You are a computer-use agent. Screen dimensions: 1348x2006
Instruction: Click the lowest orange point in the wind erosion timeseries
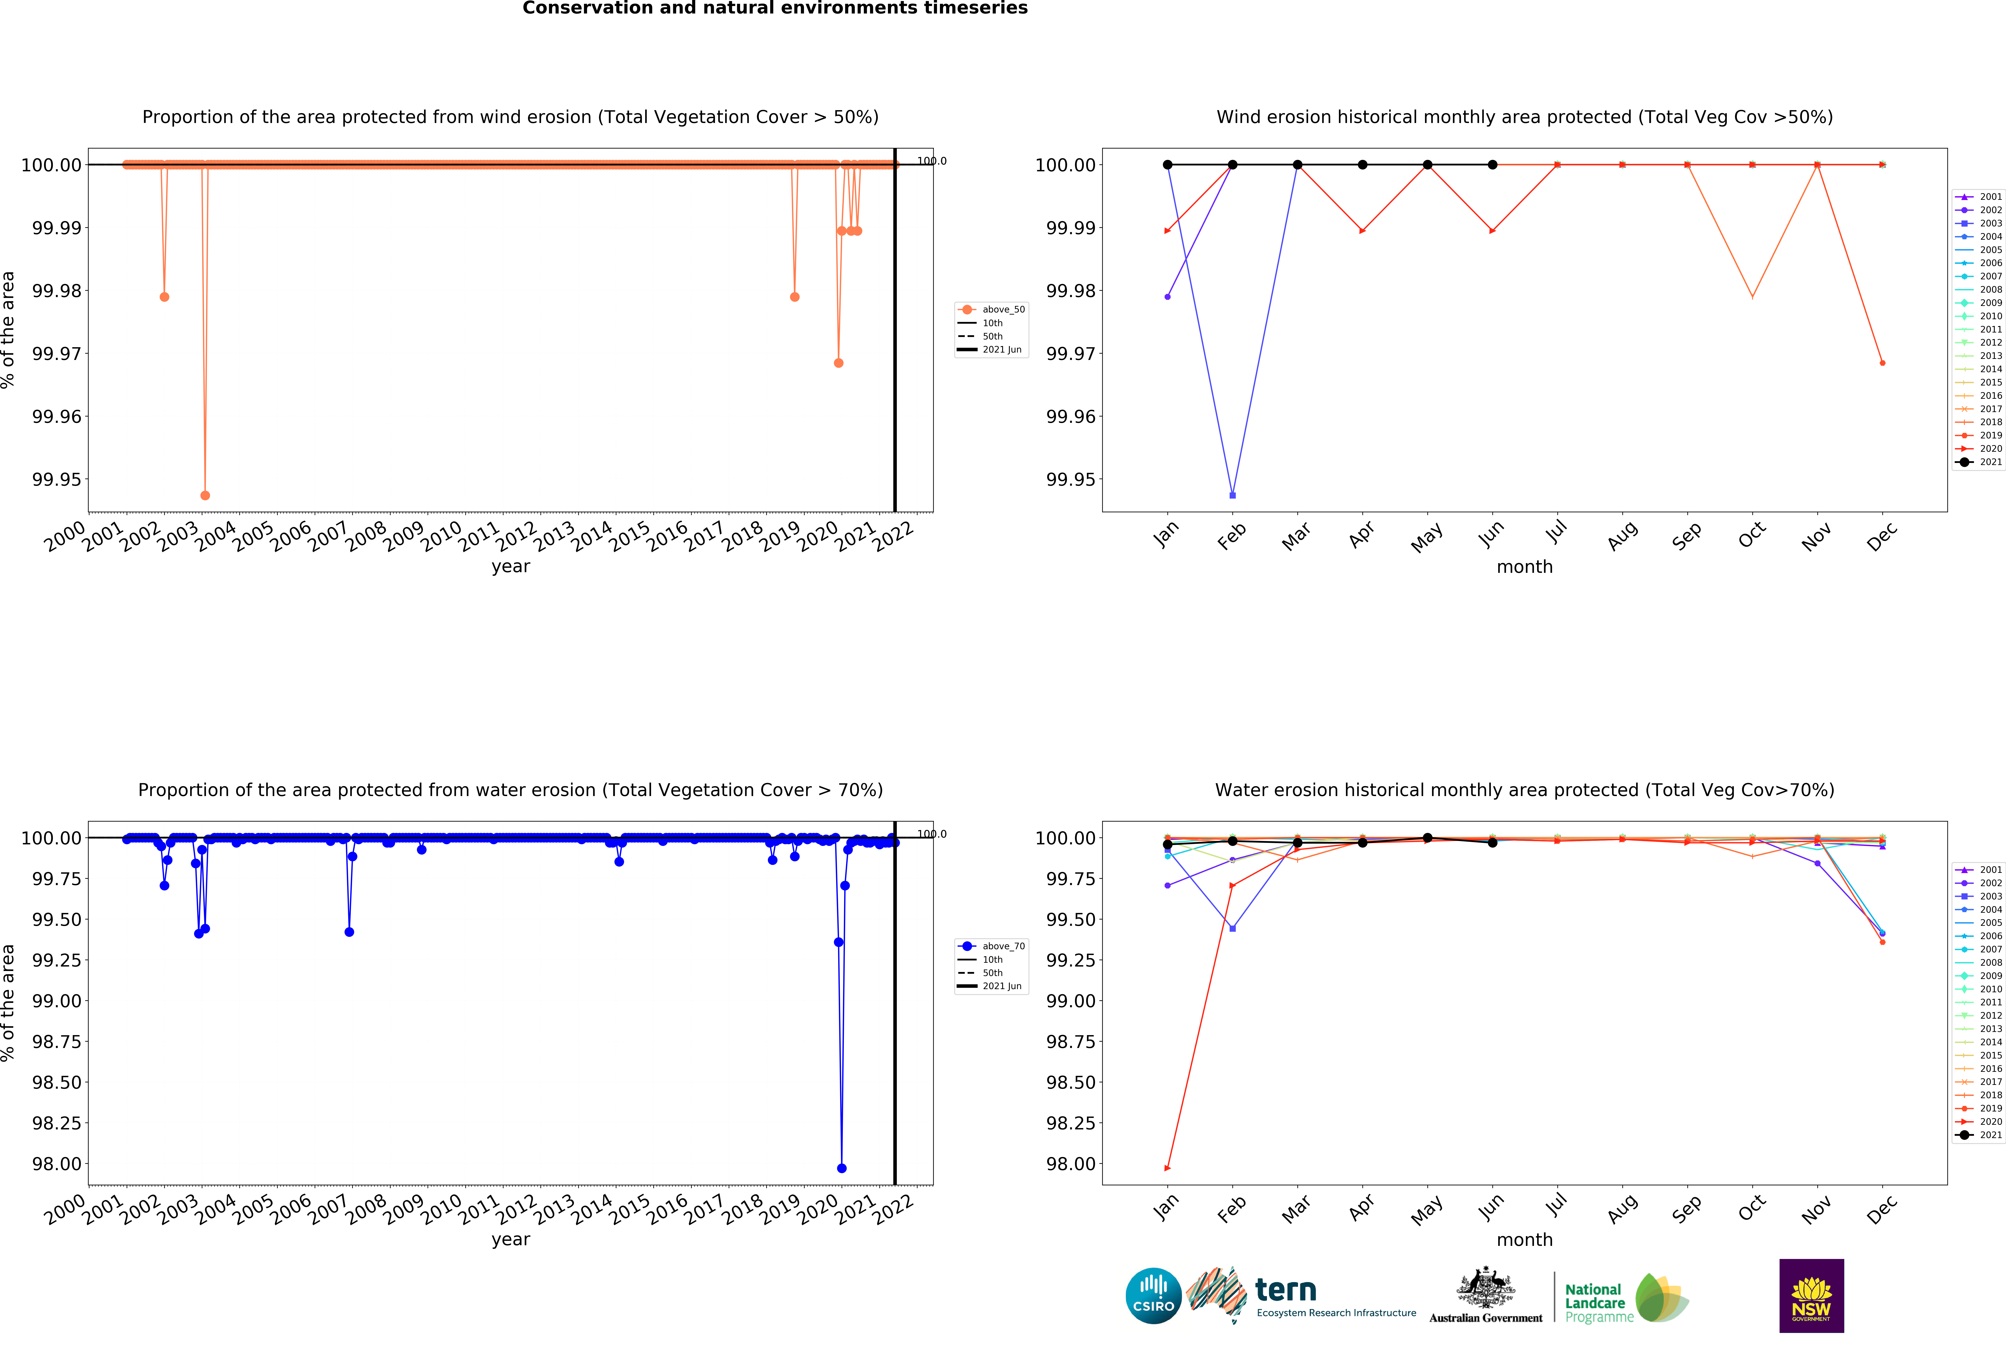point(205,495)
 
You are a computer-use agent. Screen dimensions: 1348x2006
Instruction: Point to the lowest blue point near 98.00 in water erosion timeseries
point(842,1168)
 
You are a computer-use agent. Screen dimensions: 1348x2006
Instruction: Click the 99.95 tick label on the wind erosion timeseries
point(57,480)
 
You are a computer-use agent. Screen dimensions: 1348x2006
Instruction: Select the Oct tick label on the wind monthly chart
point(1752,535)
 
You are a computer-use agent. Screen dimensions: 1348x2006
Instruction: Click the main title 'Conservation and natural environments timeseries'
point(775,9)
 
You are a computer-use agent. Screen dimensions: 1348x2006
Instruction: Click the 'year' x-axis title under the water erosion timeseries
point(511,1240)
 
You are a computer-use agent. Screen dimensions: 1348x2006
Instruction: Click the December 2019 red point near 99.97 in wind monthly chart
point(1882,363)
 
